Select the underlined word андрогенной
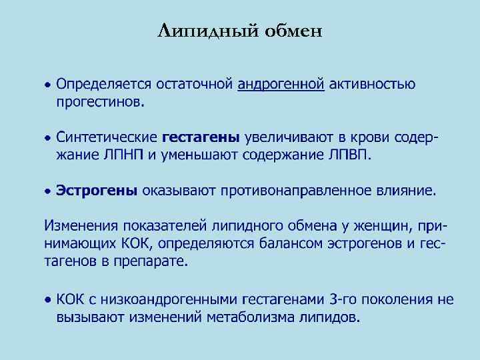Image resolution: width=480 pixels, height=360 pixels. point(281,85)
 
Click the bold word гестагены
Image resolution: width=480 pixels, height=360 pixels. point(201,138)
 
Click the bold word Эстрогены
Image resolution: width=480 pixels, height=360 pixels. point(96,191)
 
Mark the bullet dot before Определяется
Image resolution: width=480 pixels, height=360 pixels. point(47,85)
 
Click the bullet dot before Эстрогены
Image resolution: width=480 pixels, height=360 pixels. point(47,191)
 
